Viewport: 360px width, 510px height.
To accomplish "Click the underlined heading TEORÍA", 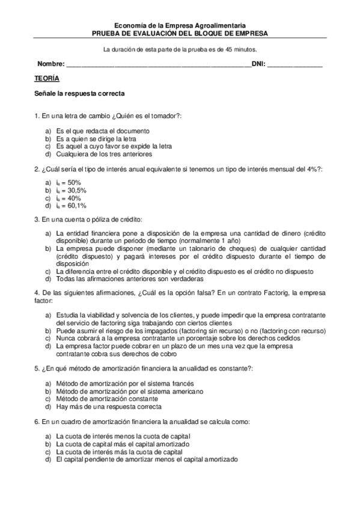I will (x=47, y=79).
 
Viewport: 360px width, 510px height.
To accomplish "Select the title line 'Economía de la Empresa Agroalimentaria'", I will (x=180, y=26).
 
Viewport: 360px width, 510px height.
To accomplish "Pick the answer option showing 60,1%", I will (x=71, y=206).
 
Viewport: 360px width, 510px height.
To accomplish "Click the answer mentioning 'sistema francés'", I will (x=121, y=383).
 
